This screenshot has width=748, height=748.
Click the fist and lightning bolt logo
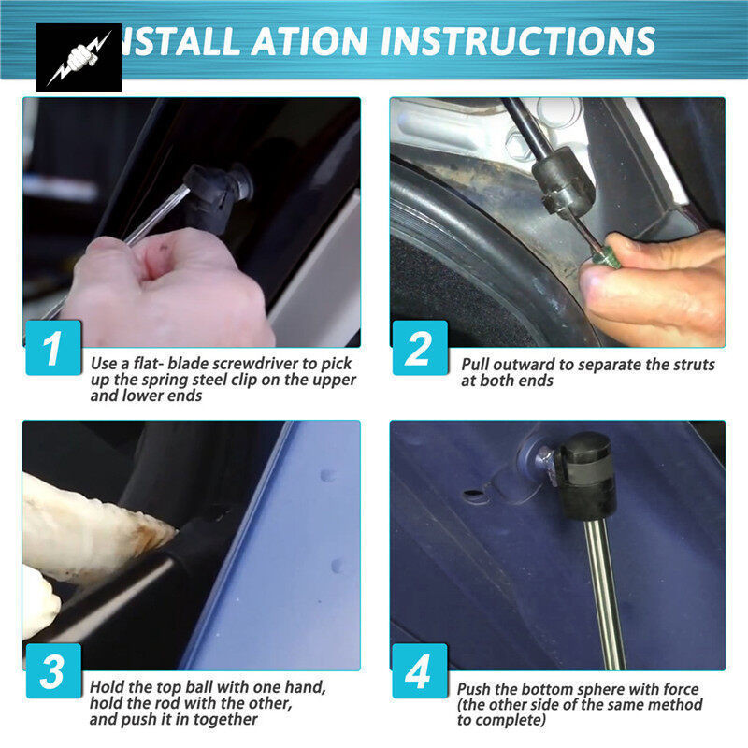point(79,57)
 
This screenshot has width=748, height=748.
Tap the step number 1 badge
point(53,348)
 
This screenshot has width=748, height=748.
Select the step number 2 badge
point(420,348)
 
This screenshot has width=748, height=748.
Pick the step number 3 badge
point(53,671)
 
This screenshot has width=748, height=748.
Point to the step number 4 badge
point(420,671)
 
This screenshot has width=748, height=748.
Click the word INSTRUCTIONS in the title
point(518,41)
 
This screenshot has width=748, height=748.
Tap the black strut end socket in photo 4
point(588,476)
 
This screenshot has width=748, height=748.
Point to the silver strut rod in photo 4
point(604,595)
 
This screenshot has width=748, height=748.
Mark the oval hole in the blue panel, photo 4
point(476,494)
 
